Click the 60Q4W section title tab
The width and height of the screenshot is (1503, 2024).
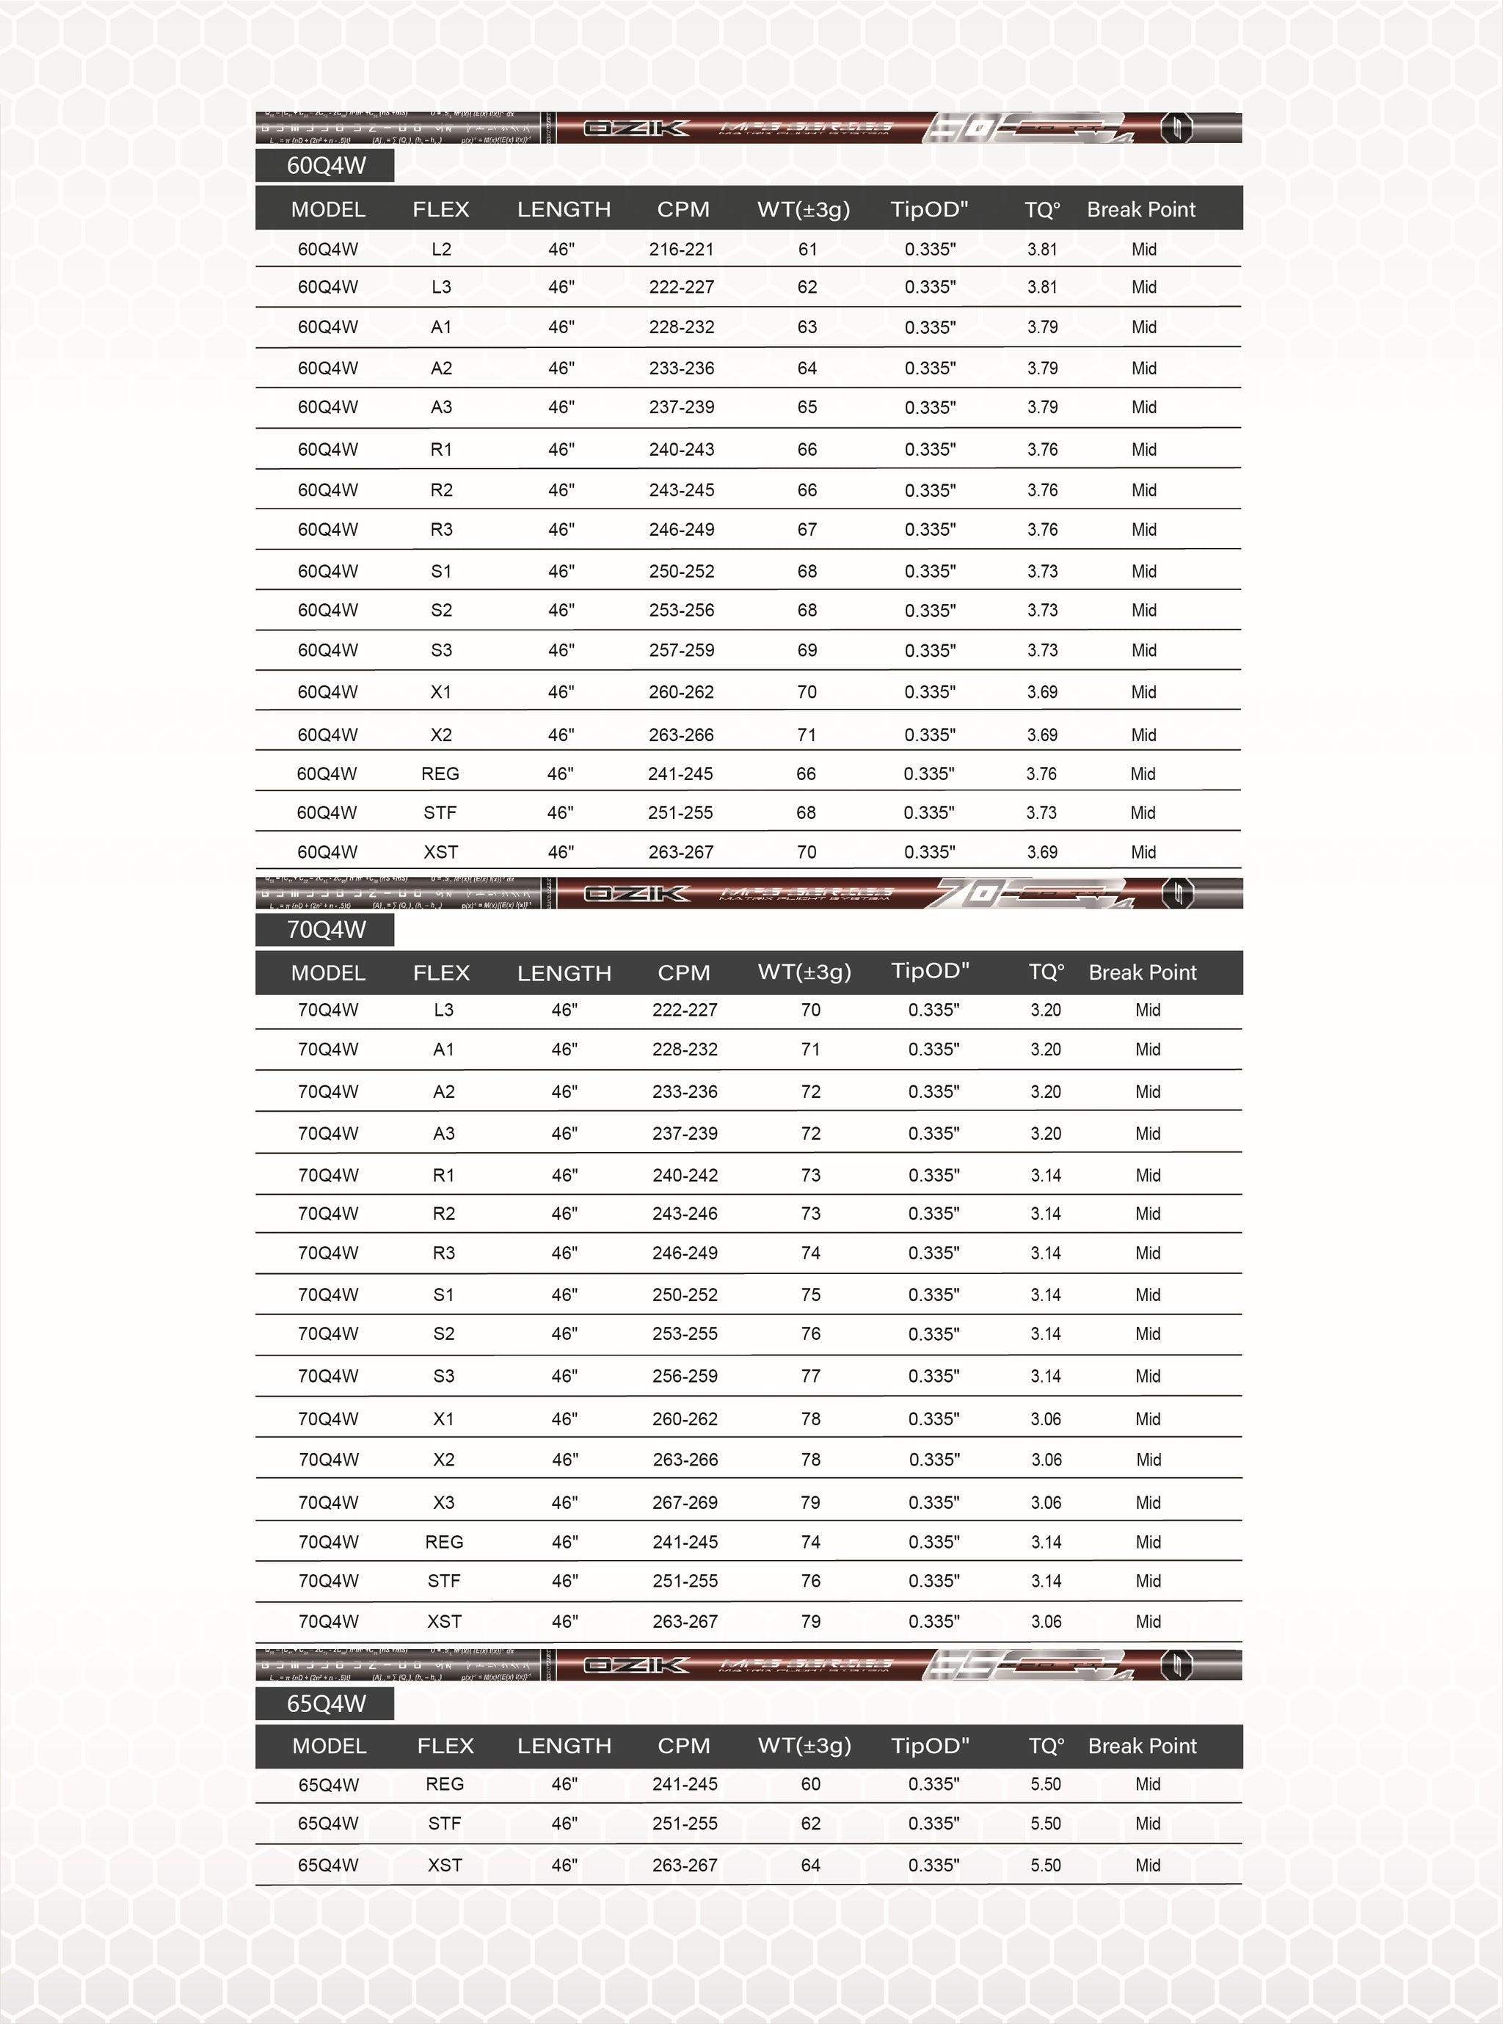(325, 166)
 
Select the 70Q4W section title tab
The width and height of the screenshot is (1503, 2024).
(325, 930)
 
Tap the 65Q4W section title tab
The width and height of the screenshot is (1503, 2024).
(325, 1703)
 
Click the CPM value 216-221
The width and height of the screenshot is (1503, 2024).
(682, 250)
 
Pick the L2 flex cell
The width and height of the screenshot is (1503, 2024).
(441, 250)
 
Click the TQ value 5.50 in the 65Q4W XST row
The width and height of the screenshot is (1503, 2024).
(1045, 1865)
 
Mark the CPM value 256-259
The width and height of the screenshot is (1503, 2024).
(684, 1375)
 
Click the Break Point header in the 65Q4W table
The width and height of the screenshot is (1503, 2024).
(1142, 1746)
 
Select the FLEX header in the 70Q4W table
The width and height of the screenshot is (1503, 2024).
(441, 972)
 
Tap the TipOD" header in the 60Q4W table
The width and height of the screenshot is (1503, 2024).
(929, 209)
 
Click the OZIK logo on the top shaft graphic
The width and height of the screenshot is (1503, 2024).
(636, 128)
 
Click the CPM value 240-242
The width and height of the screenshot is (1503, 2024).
(684, 1175)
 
